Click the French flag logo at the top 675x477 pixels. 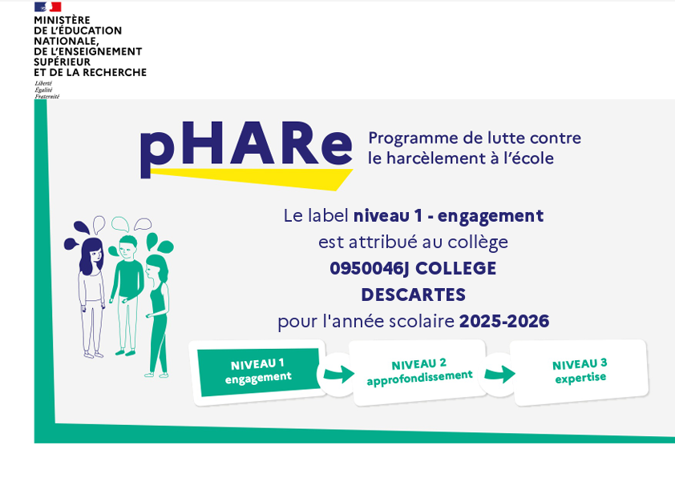click(48, 6)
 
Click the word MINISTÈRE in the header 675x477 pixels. click(62, 20)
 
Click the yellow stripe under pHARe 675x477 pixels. click(252, 178)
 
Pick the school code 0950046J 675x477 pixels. click(369, 269)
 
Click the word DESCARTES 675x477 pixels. click(414, 295)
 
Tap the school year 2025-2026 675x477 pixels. click(504, 321)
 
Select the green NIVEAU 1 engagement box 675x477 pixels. click(259, 371)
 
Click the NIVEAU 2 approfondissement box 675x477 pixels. click(418, 372)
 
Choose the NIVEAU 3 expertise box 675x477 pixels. click(580, 371)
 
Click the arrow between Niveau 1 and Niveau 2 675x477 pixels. click(339, 374)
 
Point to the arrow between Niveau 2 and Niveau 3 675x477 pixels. click(499, 374)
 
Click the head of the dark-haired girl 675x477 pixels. click(91, 255)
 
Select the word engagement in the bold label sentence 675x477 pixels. click(491, 216)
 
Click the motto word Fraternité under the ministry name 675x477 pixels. click(47, 97)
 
